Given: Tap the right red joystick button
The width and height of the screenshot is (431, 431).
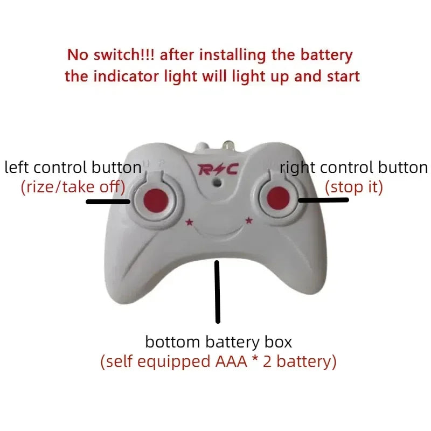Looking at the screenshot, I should pos(279,196).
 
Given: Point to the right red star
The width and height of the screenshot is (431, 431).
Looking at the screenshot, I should pos(249,220).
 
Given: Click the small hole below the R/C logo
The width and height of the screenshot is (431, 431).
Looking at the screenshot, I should pos(217,183).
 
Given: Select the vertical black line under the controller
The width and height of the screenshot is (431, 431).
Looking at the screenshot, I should pos(218,291).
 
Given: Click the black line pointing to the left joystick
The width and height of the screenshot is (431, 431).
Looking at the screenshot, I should pos(108,202).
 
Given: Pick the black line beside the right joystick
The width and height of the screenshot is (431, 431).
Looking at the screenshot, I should pos(323,200).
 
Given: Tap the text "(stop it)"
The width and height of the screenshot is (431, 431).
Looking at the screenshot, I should pos(354,187).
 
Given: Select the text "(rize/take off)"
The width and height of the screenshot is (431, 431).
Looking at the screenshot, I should pos(73,187).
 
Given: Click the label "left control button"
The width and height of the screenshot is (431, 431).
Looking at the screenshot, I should pos(73,168).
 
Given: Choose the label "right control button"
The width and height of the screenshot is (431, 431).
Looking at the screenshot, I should pos(354,168).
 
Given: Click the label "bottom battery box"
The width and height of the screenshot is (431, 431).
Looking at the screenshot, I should pos(218,342).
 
